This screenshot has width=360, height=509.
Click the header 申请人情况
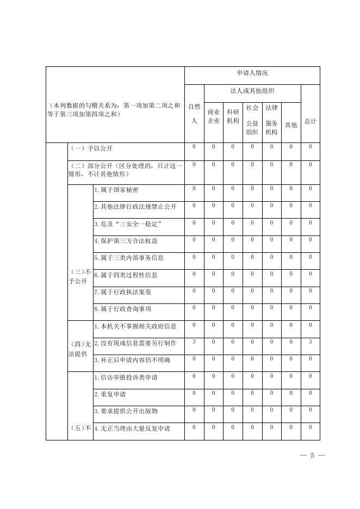coord(252,73)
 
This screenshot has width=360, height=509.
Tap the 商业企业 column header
coord(214,116)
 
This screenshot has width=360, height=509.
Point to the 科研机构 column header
coord(233,116)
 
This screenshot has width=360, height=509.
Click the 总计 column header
coord(310,121)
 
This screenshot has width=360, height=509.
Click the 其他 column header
coord(291,125)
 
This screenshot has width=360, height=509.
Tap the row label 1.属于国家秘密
coord(116,190)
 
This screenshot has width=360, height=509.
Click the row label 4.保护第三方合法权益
coord(126,240)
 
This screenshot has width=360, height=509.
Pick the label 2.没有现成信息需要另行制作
coord(135,343)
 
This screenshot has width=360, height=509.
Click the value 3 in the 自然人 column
coord(194,342)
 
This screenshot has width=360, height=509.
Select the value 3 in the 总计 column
coord(310,342)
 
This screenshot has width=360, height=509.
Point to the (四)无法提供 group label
coord(80,348)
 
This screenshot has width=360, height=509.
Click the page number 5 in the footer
coord(312,455)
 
